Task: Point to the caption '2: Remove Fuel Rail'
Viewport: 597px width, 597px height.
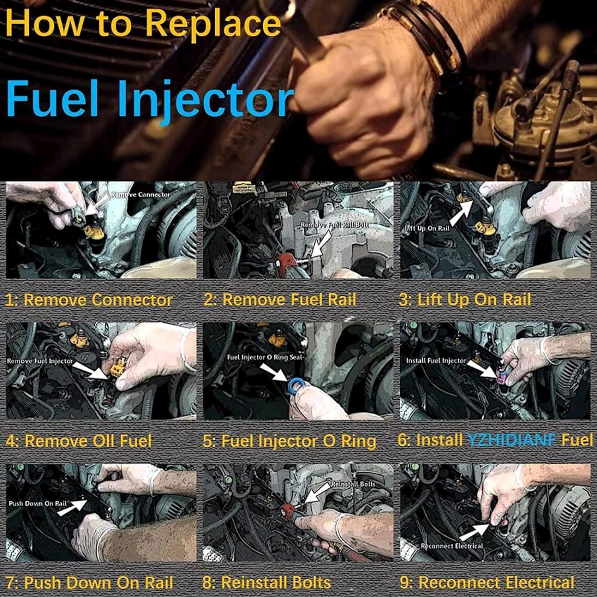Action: [x=280, y=300]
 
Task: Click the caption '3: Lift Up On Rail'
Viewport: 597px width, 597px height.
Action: [x=465, y=300]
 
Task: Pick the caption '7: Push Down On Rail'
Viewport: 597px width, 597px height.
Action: [x=90, y=583]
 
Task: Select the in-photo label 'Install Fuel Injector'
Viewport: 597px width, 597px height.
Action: [x=436, y=361]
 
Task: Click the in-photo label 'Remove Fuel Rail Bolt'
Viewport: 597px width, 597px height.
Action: [x=334, y=225]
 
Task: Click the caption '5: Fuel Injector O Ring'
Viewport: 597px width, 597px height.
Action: [x=289, y=441]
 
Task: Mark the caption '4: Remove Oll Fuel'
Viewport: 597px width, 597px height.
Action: [x=79, y=441]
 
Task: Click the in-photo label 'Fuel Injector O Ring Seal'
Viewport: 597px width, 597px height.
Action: [x=265, y=357]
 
